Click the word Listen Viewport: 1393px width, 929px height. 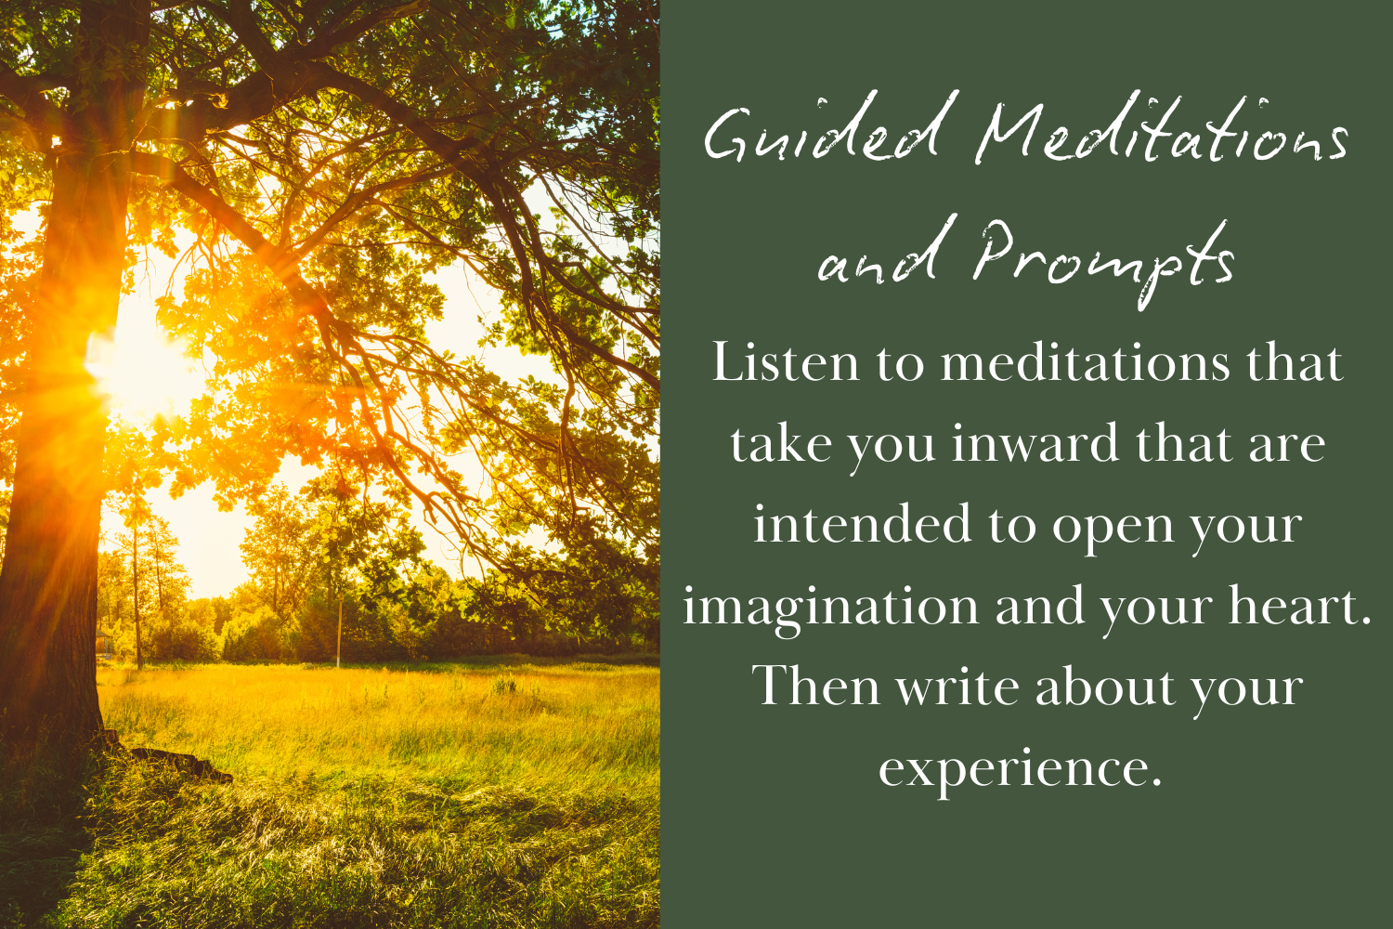(x=786, y=362)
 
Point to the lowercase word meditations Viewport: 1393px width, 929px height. (x=1086, y=363)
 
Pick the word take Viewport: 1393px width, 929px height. (x=781, y=444)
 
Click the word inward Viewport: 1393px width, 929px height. (x=1035, y=444)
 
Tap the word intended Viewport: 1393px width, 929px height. (x=863, y=524)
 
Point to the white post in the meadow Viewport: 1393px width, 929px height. (x=339, y=631)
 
